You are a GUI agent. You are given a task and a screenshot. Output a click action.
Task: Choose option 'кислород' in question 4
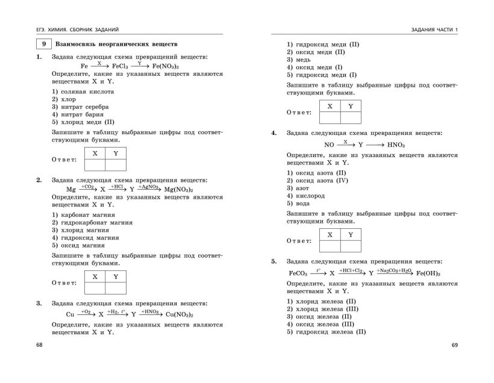[309, 196]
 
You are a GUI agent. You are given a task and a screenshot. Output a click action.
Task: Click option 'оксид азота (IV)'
[317, 181]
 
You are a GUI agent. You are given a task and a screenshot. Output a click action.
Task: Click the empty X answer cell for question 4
[330, 246]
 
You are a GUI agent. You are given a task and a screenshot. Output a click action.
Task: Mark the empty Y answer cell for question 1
[116, 165]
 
